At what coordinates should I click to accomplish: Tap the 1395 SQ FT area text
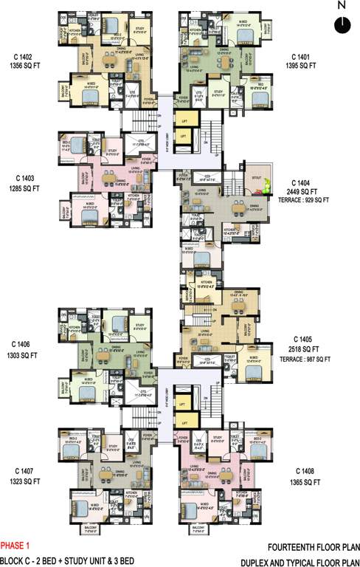[x=301, y=66]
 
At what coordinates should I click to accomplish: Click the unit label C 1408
[x=305, y=471]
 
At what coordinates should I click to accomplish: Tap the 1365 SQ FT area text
[x=305, y=481]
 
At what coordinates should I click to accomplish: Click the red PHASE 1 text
[x=16, y=547]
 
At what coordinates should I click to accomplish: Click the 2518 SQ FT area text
[x=304, y=349]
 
